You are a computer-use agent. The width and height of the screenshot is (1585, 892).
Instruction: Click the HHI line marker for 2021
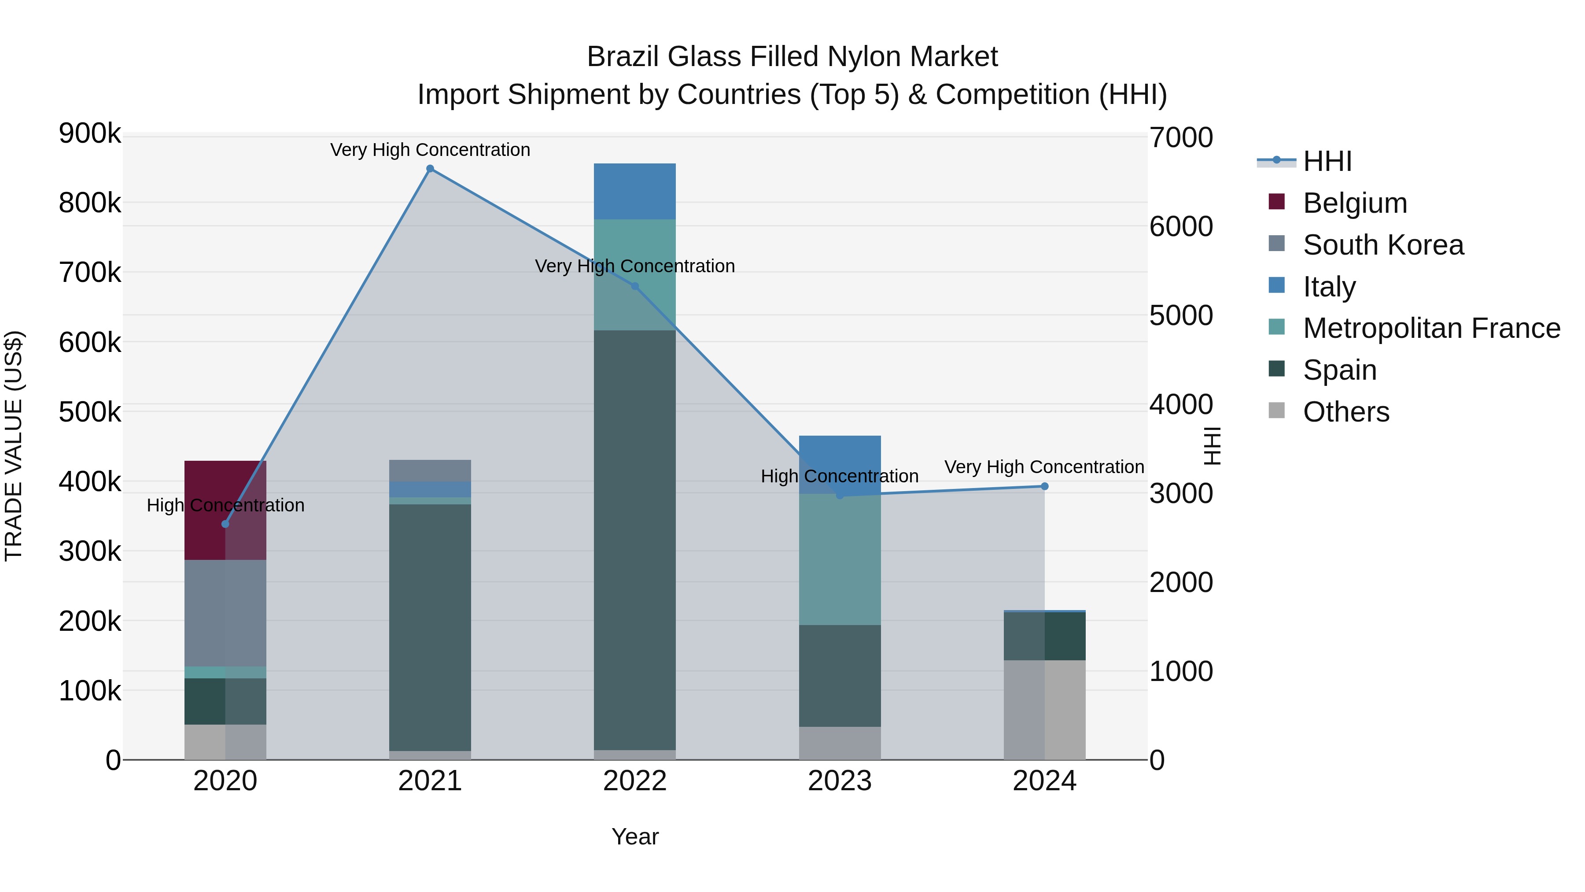[x=430, y=169]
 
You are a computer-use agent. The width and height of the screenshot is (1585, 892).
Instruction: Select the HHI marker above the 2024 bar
[x=1044, y=486]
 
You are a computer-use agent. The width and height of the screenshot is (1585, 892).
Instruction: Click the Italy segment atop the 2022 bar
[x=634, y=192]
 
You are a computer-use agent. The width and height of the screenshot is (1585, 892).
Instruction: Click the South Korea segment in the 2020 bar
[x=225, y=613]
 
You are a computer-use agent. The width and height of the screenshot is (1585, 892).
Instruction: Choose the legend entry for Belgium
[x=1354, y=203]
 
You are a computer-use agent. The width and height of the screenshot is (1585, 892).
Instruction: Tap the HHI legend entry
[x=1327, y=161]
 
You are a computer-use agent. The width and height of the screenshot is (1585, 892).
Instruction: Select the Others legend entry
[x=1345, y=412]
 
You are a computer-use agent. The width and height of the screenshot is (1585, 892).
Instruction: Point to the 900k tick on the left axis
[x=90, y=133]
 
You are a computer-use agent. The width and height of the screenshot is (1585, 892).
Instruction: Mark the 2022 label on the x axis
[x=634, y=781]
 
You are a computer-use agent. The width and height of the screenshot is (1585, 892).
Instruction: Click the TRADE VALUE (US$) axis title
[x=14, y=446]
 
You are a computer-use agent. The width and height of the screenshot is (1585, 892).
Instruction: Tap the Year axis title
[x=634, y=836]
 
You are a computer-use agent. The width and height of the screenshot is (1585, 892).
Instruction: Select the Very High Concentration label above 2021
[x=430, y=150]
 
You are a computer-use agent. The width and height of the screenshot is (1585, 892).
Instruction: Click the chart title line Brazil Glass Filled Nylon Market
[x=792, y=57]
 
